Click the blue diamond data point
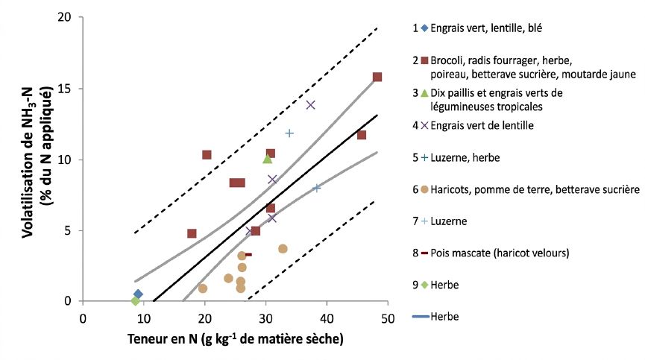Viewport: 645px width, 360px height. click(x=138, y=294)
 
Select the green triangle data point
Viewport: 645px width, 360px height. click(x=268, y=159)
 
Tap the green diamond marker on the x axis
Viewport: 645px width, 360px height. click(x=135, y=301)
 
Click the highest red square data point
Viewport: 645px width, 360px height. click(x=377, y=77)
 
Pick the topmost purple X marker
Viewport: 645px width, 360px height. click(x=311, y=105)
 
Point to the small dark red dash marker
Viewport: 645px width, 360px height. click(x=248, y=255)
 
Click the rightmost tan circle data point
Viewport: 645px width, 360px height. click(x=283, y=249)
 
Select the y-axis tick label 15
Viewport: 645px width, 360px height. click(x=66, y=89)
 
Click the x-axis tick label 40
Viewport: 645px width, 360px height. click(x=327, y=319)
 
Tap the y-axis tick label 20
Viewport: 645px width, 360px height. click(x=66, y=17)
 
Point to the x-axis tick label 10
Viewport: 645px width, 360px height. click(x=144, y=319)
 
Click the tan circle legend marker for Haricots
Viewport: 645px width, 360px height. click(x=424, y=190)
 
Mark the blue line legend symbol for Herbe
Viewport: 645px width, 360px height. click(x=421, y=317)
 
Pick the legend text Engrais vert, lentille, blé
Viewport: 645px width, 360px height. click(x=486, y=28)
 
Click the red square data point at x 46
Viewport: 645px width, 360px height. click(x=362, y=135)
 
